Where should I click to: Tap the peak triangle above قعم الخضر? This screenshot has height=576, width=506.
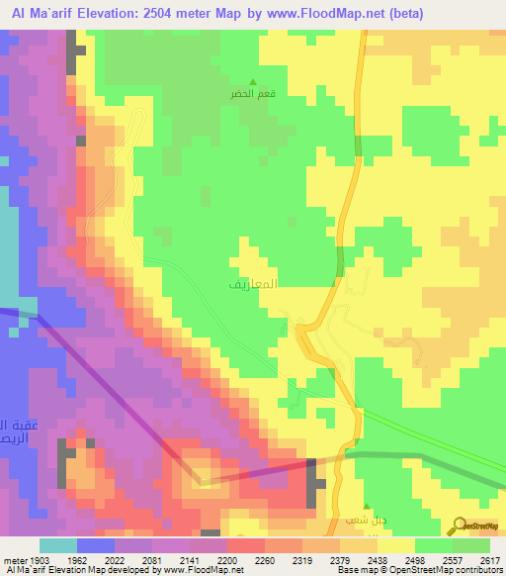pos(254,82)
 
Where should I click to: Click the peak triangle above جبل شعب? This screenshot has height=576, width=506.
pos(365,507)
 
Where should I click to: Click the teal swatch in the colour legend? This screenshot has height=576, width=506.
pos(58,545)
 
